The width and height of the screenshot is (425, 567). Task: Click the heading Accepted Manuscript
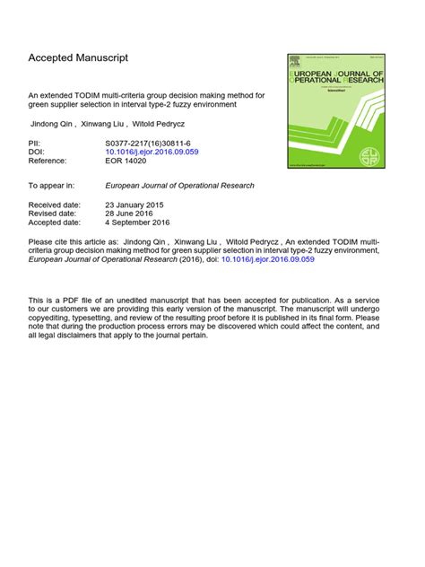(78, 58)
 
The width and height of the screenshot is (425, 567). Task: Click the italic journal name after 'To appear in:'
(179, 186)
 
